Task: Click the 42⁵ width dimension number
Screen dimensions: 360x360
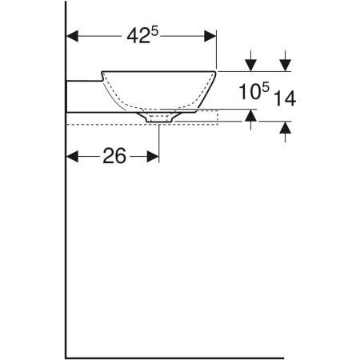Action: [140, 37]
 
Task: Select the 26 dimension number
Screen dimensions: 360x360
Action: [114, 157]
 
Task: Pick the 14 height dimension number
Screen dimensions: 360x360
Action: [285, 98]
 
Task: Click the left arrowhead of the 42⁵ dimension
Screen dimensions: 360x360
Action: [71, 37]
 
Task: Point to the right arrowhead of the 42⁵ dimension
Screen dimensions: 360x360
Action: [211, 37]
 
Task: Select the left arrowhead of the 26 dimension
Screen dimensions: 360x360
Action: [71, 157]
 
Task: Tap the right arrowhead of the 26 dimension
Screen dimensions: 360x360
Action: [154, 157]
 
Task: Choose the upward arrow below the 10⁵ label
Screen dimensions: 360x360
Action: [252, 118]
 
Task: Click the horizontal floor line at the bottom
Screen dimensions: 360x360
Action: [176, 357]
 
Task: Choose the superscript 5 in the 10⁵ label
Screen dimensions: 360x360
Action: [266, 86]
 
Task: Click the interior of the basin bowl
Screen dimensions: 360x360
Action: [160, 90]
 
